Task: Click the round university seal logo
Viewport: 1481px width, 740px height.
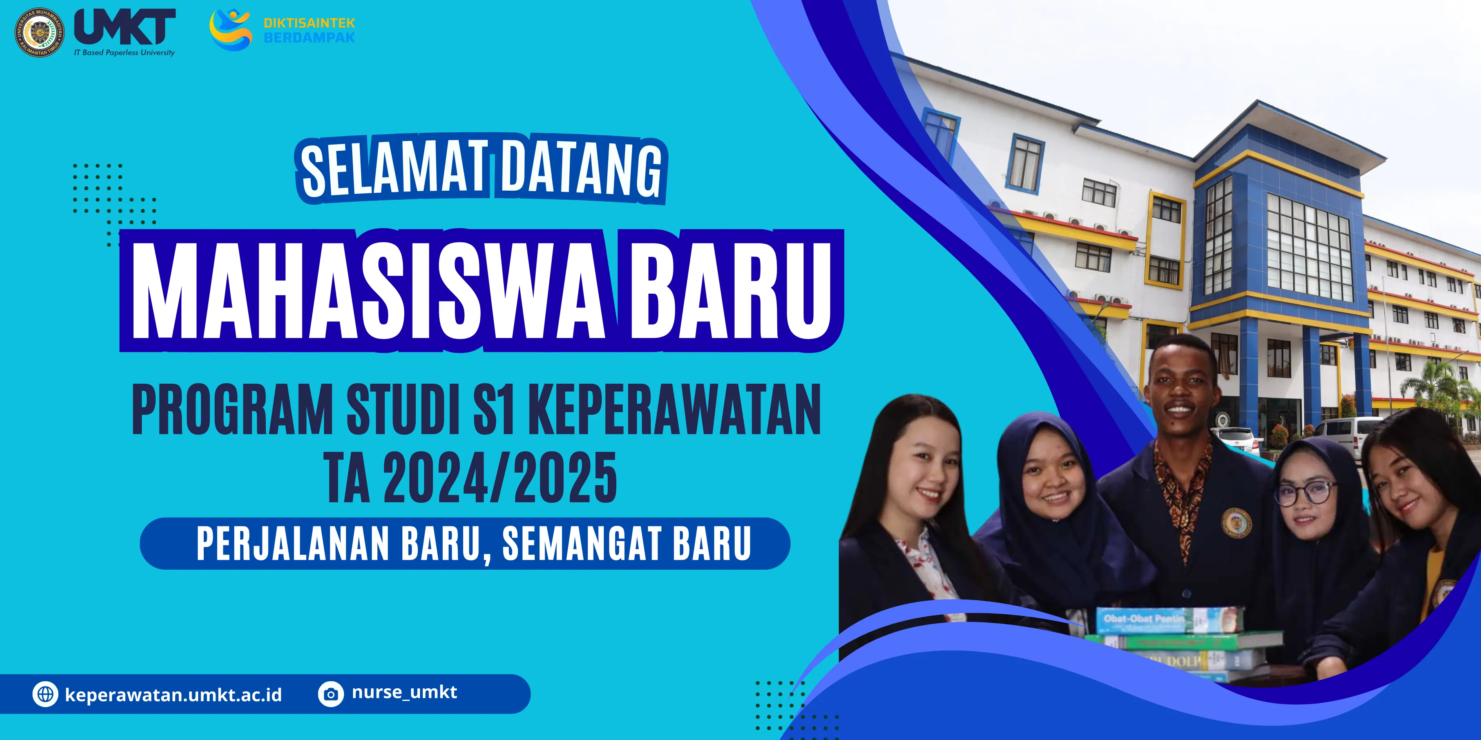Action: click(x=39, y=32)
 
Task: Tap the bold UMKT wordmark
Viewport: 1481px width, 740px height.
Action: click(x=125, y=27)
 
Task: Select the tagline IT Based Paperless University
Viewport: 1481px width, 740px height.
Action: click(x=124, y=53)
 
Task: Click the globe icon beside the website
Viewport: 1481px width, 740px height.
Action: click(x=45, y=694)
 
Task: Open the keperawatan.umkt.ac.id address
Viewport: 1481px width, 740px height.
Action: click(x=174, y=695)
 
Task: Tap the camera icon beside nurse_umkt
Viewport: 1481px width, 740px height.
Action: click(x=331, y=694)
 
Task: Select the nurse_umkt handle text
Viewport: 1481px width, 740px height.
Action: click(x=404, y=692)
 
